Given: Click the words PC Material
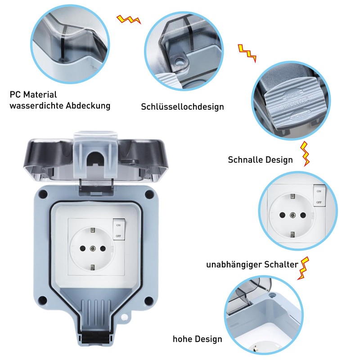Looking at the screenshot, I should (33, 94).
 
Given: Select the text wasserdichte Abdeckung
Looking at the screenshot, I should (60, 106).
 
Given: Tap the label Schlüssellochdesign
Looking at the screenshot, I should (182, 107).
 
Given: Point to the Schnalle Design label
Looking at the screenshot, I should (260, 160).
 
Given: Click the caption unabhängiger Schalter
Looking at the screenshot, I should (252, 265).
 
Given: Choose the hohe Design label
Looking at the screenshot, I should (197, 339).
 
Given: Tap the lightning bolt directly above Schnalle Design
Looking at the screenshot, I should (306, 153).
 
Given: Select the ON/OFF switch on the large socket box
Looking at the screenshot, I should (118, 230).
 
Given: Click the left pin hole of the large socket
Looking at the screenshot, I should (83, 247).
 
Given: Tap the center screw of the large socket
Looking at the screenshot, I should (92, 247).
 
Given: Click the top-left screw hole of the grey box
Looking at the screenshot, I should (43, 194).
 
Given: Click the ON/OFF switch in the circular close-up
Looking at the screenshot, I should (319, 197).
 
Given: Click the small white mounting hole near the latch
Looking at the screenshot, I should (124, 318).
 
